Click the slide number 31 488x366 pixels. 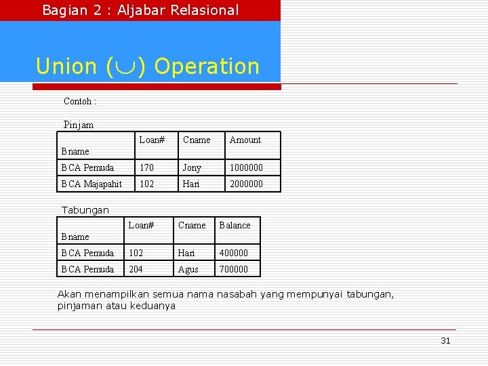445,341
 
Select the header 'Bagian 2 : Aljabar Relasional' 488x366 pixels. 140,10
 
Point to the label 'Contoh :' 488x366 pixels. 79,101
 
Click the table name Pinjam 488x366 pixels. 79,125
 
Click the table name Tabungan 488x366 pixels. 85,210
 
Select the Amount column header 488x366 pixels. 245,140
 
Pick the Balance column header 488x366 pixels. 235,226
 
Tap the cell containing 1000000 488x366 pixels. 246,167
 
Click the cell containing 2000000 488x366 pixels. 246,184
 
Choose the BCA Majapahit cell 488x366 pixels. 91,184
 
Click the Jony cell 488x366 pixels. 192,167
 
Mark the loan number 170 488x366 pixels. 146,167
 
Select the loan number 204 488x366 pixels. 136,269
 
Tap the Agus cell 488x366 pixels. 188,269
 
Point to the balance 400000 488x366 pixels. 233,253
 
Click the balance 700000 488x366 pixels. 233,269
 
